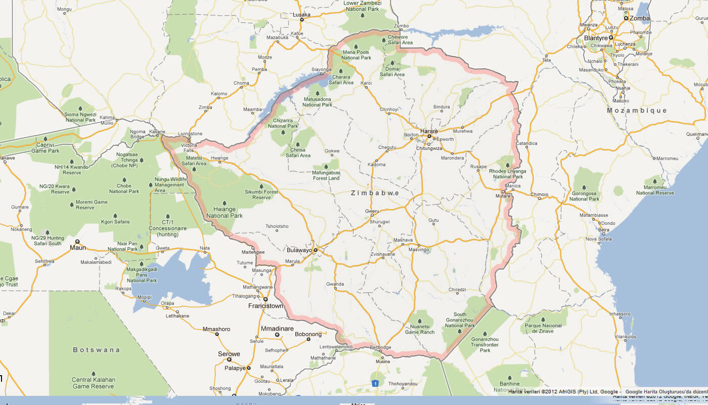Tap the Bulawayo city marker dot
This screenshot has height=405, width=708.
click(315, 250)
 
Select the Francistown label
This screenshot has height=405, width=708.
click(265, 306)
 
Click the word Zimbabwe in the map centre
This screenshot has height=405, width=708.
click(375, 193)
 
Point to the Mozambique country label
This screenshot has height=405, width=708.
click(637, 110)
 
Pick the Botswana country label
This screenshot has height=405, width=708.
click(97, 350)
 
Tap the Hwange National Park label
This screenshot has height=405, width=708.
click(225, 213)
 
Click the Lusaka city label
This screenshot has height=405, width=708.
click(301, 15)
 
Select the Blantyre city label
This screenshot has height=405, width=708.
click(595, 38)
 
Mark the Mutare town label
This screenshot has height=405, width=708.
click(503, 196)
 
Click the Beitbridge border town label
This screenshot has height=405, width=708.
click(381, 347)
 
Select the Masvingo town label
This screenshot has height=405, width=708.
click(419, 250)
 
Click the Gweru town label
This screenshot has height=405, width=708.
click(372, 211)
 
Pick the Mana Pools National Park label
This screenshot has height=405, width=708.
click(357, 55)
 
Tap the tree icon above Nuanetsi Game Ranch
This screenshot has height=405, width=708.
click(420, 320)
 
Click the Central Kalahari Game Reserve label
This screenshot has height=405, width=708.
click(94, 383)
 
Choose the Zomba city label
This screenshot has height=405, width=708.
click(639, 18)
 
